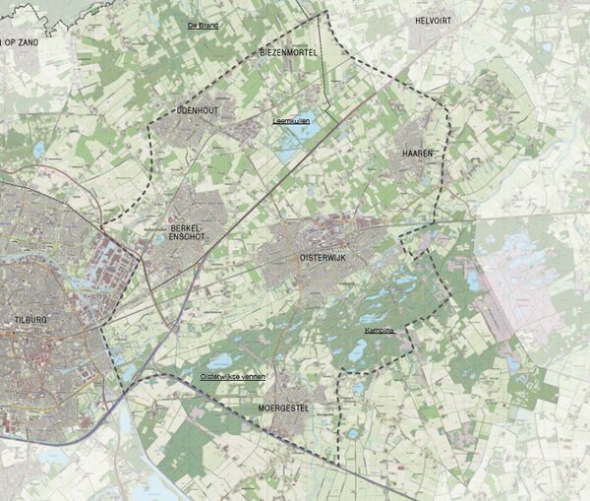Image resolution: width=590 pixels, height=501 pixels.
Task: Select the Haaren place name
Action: [418, 155]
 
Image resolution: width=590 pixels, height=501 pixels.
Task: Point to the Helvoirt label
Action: [433, 20]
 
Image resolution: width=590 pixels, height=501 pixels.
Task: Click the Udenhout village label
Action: [197, 111]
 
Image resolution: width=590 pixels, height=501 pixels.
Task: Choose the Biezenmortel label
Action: [290, 51]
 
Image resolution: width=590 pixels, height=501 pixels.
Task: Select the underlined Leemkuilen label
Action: [291, 121]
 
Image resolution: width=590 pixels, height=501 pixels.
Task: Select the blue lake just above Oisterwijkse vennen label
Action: [218, 361]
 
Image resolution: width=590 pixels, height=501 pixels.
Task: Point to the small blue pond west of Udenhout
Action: [39, 150]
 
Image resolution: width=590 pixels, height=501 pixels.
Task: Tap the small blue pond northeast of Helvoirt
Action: [546, 45]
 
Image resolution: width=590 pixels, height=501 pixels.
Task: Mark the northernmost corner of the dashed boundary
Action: [324, 13]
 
